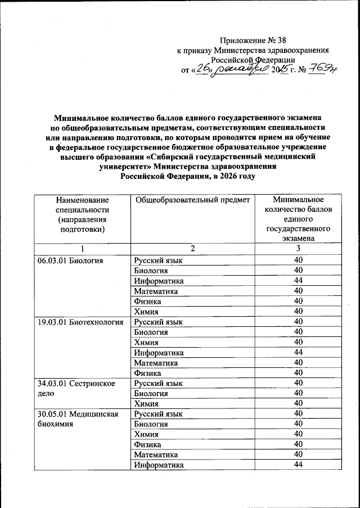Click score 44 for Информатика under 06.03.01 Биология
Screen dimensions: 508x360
tap(298, 281)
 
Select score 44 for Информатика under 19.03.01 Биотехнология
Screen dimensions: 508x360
tap(298, 353)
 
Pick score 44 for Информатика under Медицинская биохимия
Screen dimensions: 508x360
tap(298, 465)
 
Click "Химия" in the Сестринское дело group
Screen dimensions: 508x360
tap(146, 404)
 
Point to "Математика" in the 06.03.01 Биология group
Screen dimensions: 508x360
tap(156, 291)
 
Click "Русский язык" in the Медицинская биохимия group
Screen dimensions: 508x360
tap(158, 414)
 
